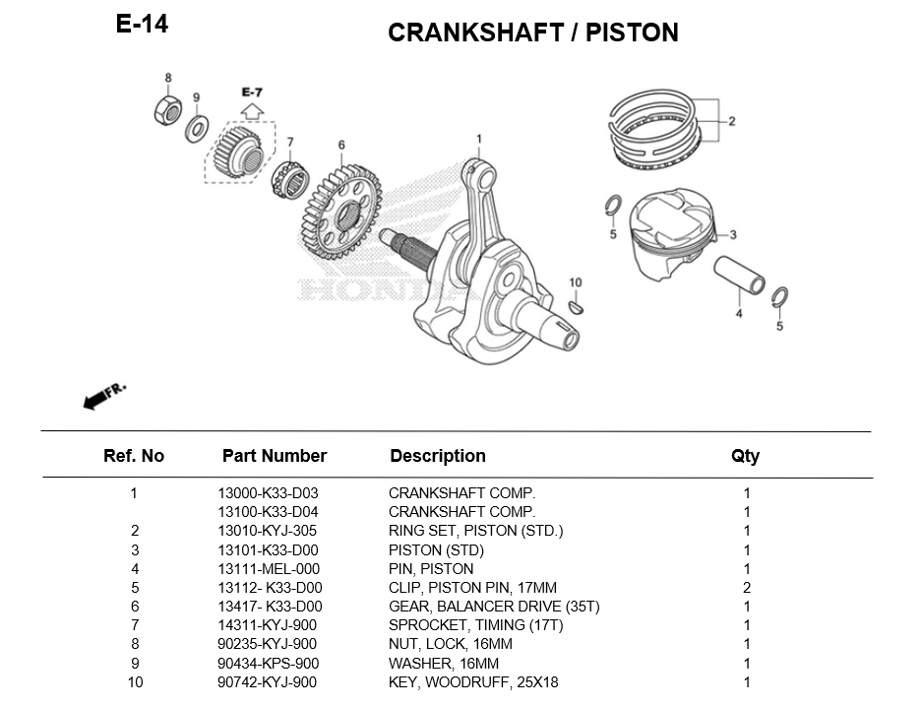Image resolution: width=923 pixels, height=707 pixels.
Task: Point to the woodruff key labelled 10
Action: point(577,307)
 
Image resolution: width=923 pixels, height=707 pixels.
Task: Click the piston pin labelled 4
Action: point(739,275)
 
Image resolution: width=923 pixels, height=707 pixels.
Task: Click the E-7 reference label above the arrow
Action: point(252,92)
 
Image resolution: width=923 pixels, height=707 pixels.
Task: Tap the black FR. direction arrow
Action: point(95,398)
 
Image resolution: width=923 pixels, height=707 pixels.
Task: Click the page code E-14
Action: point(142,25)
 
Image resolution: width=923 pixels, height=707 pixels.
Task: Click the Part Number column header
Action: point(274,456)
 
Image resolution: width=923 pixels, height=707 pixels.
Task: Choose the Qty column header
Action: point(745,456)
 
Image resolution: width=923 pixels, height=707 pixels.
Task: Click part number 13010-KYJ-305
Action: point(268,531)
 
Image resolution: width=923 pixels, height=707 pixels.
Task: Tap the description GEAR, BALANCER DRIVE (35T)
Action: point(493,607)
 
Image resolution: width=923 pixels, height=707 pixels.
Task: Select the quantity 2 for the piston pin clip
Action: point(747,588)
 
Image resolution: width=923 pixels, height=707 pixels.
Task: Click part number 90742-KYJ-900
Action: point(268,682)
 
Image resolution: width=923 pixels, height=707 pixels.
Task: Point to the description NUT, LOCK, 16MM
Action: point(450,644)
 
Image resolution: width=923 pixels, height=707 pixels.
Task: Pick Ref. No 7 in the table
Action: point(134,625)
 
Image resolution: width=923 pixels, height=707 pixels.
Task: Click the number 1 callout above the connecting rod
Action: point(479,139)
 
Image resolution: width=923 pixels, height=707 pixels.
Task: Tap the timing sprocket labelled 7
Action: point(291,179)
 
